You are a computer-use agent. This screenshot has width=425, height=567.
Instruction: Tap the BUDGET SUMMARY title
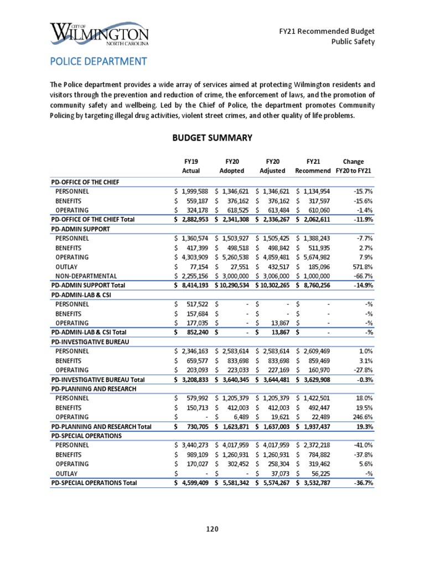pos(212,137)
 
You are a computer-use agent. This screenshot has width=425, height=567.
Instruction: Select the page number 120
pos(212,529)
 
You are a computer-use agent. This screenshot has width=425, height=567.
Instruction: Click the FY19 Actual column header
pos(191,166)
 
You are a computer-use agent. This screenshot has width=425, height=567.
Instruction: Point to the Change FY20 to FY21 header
pos(353,166)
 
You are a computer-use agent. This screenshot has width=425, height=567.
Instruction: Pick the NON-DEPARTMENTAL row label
pos(86,276)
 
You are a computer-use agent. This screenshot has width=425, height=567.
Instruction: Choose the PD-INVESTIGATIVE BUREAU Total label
pos(97,379)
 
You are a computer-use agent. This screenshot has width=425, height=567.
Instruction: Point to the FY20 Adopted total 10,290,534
pos(233,285)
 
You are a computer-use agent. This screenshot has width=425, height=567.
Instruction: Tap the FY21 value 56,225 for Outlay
pos(318,473)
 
